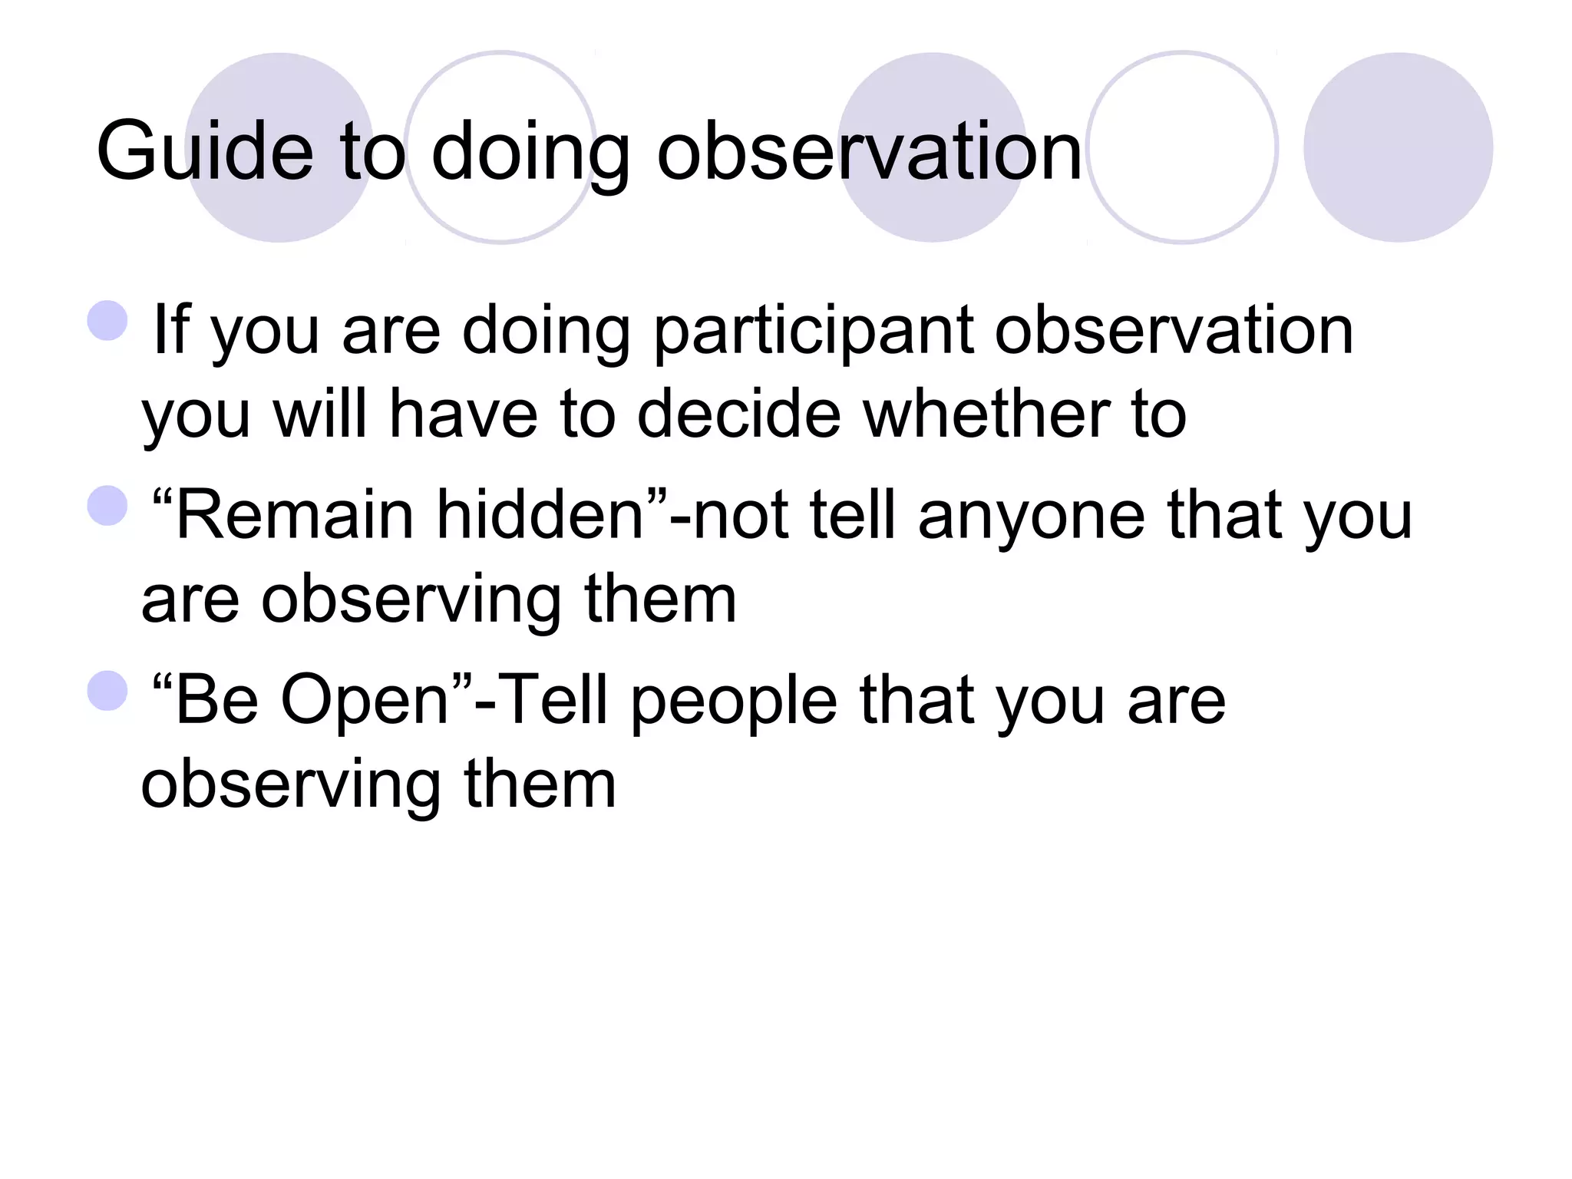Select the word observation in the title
[869, 152]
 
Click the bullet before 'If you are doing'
[107, 321]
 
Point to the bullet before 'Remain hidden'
[107, 506]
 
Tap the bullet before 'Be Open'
[107, 691]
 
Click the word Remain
[295, 516]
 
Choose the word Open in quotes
[365, 702]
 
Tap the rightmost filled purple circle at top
[1398, 147]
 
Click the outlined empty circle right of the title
[1182, 147]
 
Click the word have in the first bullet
[463, 414]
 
